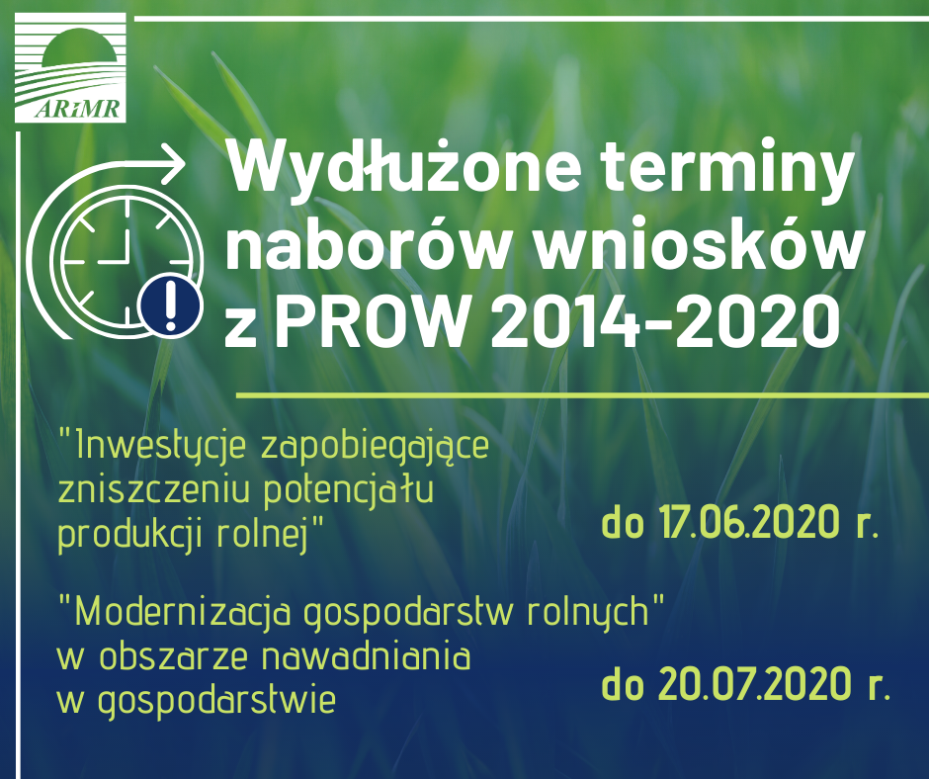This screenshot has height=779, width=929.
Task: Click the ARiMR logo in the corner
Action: coord(70,67)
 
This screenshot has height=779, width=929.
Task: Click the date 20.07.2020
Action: coord(754,685)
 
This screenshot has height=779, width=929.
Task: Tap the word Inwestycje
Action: coord(160,445)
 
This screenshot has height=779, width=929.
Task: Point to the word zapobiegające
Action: coord(375,448)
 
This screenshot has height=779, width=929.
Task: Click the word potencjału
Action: coord(349,492)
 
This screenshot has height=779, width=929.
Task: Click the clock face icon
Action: coord(127,261)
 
